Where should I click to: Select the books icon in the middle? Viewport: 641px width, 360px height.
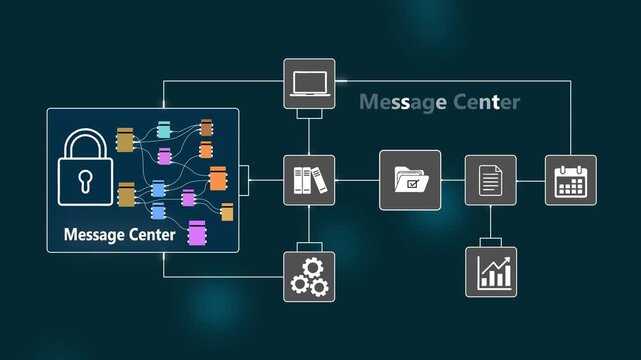click(309, 180)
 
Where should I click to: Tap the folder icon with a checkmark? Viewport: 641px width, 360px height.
click(410, 180)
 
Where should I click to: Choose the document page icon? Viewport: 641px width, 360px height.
click(490, 180)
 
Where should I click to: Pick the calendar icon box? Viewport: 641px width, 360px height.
click(570, 180)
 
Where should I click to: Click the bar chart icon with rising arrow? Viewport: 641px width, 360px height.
click(491, 271)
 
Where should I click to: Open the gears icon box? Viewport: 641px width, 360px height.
click(309, 275)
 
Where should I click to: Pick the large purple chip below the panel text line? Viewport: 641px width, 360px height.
click(197, 233)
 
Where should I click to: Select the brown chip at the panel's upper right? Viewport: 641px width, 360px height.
click(207, 127)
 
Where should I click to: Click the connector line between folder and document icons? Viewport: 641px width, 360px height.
click(453, 180)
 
